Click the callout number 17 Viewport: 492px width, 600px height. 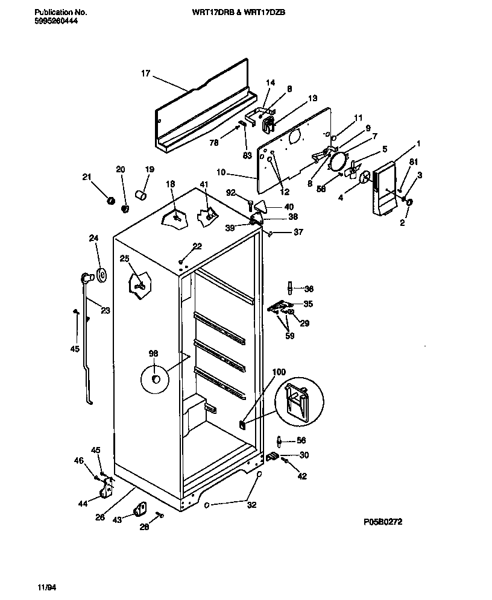point(145,73)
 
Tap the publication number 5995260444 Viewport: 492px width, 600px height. point(56,20)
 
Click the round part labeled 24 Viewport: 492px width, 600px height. point(100,276)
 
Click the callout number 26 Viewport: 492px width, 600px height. point(100,516)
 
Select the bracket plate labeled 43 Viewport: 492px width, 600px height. point(142,510)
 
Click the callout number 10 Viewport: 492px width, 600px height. point(221,172)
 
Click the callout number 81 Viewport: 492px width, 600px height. point(413,162)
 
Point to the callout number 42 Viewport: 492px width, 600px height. point(302,476)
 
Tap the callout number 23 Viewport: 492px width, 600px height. point(106,311)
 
